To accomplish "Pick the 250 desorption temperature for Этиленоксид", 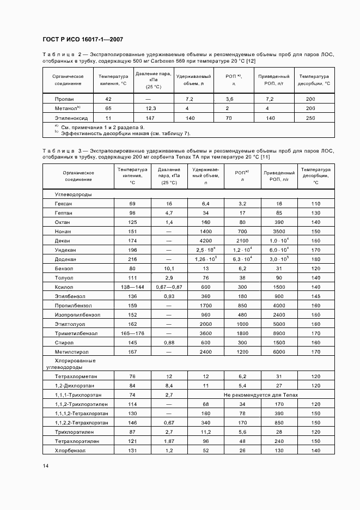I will click(x=310, y=118).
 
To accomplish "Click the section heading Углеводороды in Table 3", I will click(x=73, y=194).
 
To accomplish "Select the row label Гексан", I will click(x=63, y=203).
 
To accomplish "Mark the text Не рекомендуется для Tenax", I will click(x=259, y=394).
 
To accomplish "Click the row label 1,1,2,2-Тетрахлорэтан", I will click(x=81, y=422).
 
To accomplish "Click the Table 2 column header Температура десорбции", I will click(x=314, y=80).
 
